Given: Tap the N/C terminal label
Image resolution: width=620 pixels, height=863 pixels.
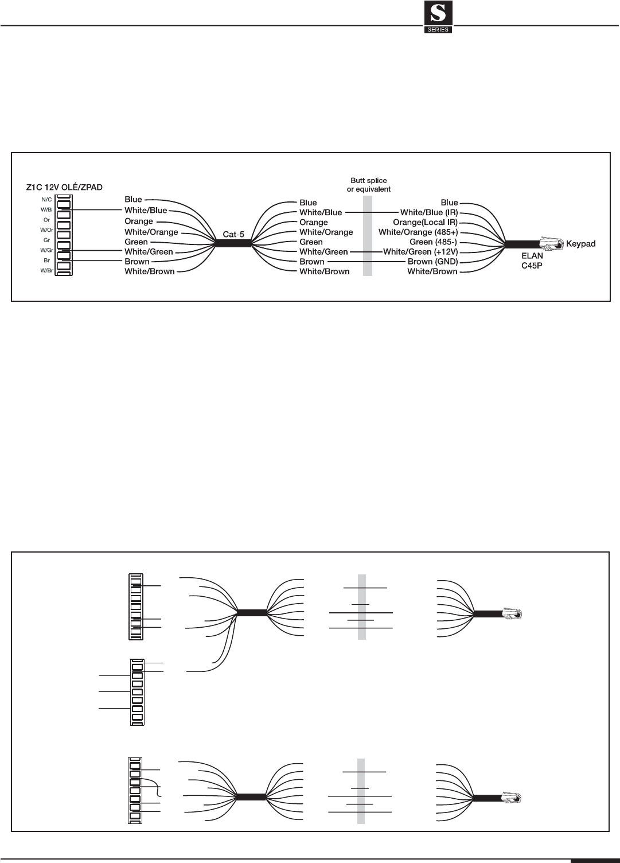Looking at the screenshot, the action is pyautogui.click(x=46, y=199).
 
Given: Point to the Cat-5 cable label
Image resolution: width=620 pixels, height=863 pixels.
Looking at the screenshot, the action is pyautogui.click(x=234, y=235).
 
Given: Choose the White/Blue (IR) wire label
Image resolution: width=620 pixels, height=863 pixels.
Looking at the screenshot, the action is pyautogui.click(x=429, y=212).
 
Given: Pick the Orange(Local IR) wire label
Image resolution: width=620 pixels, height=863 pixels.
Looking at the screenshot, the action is pyautogui.click(x=425, y=222).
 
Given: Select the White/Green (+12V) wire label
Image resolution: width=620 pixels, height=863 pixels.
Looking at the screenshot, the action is pyautogui.click(x=420, y=252).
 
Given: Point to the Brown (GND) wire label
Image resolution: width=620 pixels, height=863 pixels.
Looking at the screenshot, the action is pyautogui.click(x=432, y=262).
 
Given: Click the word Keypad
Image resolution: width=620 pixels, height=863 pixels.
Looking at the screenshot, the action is pyautogui.click(x=580, y=244).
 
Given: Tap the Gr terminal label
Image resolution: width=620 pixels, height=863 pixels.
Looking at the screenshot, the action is pyautogui.click(x=46, y=240).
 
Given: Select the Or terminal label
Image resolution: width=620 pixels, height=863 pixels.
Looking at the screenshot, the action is pyautogui.click(x=46, y=220).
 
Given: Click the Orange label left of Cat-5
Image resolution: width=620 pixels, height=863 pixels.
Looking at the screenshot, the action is pyautogui.click(x=139, y=221).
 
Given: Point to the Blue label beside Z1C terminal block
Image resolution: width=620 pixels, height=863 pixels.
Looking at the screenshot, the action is pyautogui.click(x=133, y=200).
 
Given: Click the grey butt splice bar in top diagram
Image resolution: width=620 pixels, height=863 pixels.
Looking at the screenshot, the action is pyautogui.click(x=368, y=236).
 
